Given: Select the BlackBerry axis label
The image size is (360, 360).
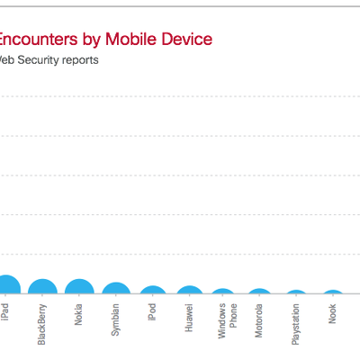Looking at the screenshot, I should (42, 324).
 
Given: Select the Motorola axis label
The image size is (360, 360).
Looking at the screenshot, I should (259, 320).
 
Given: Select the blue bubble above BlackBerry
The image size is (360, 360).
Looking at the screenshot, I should (42, 288).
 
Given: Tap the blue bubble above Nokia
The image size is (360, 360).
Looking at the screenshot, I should (79, 288).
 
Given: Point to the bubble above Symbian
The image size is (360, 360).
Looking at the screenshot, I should (115, 290).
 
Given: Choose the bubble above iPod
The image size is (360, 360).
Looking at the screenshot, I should (152, 292).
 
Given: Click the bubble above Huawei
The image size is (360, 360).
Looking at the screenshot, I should (189, 292).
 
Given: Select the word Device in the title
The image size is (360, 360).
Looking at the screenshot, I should (184, 39).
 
